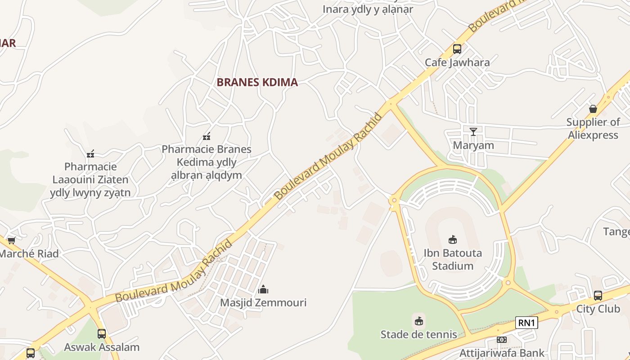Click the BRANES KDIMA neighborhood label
(x=257, y=82)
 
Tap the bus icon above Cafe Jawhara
(x=457, y=49)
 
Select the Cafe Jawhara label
(x=457, y=62)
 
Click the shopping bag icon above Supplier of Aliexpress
(x=593, y=109)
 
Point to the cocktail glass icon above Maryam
(x=473, y=131)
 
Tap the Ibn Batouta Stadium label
(x=453, y=259)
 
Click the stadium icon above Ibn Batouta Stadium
(x=453, y=240)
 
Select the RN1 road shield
(x=526, y=323)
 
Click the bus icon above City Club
(x=598, y=296)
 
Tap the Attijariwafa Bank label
(x=502, y=353)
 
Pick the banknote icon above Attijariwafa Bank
(x=502, y=340)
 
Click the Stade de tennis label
(x=418, y=334)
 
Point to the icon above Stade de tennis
(x=419, y=321)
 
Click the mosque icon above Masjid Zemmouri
(x=263, y=289)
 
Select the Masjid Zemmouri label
(x=263, y=302)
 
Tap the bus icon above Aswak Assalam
(x=102, y=334)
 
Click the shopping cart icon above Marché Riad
(x=12, y=241)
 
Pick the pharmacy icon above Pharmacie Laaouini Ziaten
(x=90, y=154)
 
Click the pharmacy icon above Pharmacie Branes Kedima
(x=207, y=136)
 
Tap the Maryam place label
(x=473, y=145)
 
